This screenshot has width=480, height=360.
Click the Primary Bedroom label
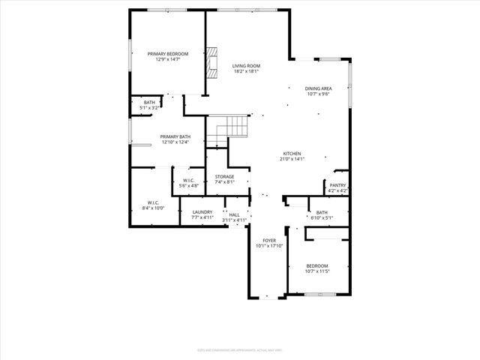(x=167, y=53)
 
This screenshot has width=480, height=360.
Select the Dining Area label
(x=319, y=88)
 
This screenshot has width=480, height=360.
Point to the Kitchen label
(x=292, y=152)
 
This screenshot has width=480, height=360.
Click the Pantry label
(x=337, y=185)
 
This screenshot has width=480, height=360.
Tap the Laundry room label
(x=202, y=212)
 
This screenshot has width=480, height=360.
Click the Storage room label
(x=225, y=176)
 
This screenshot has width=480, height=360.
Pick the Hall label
(x=235, y=214)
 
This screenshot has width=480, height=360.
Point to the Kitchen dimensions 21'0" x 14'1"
(x=292, y=159)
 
